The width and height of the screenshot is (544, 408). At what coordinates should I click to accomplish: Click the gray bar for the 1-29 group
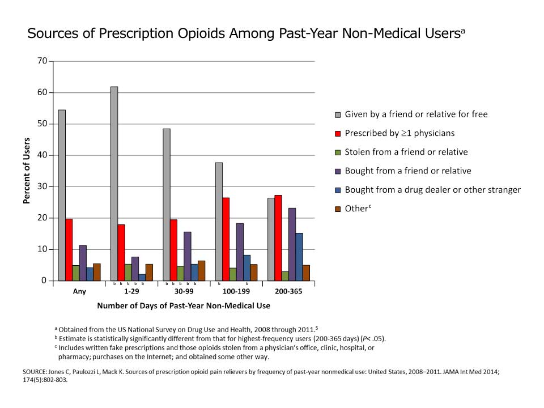pos(114,184)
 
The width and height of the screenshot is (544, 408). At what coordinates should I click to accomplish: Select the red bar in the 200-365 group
pos(278,238)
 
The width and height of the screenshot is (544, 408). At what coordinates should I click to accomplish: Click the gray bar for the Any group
pos(62,195)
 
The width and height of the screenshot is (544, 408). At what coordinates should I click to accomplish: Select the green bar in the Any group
pos(75,273)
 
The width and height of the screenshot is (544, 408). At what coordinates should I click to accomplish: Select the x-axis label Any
pos(79,292)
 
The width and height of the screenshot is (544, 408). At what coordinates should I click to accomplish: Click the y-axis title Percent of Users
pos(26,171)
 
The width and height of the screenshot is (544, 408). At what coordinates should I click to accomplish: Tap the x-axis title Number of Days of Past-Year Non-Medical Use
pos(183,305)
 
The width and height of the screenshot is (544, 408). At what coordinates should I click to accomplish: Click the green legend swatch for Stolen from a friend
pos(338,152)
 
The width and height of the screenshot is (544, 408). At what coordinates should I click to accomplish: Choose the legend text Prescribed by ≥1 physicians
pos(399,133)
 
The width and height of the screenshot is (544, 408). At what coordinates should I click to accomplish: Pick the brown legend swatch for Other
pos(338,209)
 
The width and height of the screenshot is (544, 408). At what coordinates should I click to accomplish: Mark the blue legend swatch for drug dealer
pos(338,190)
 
